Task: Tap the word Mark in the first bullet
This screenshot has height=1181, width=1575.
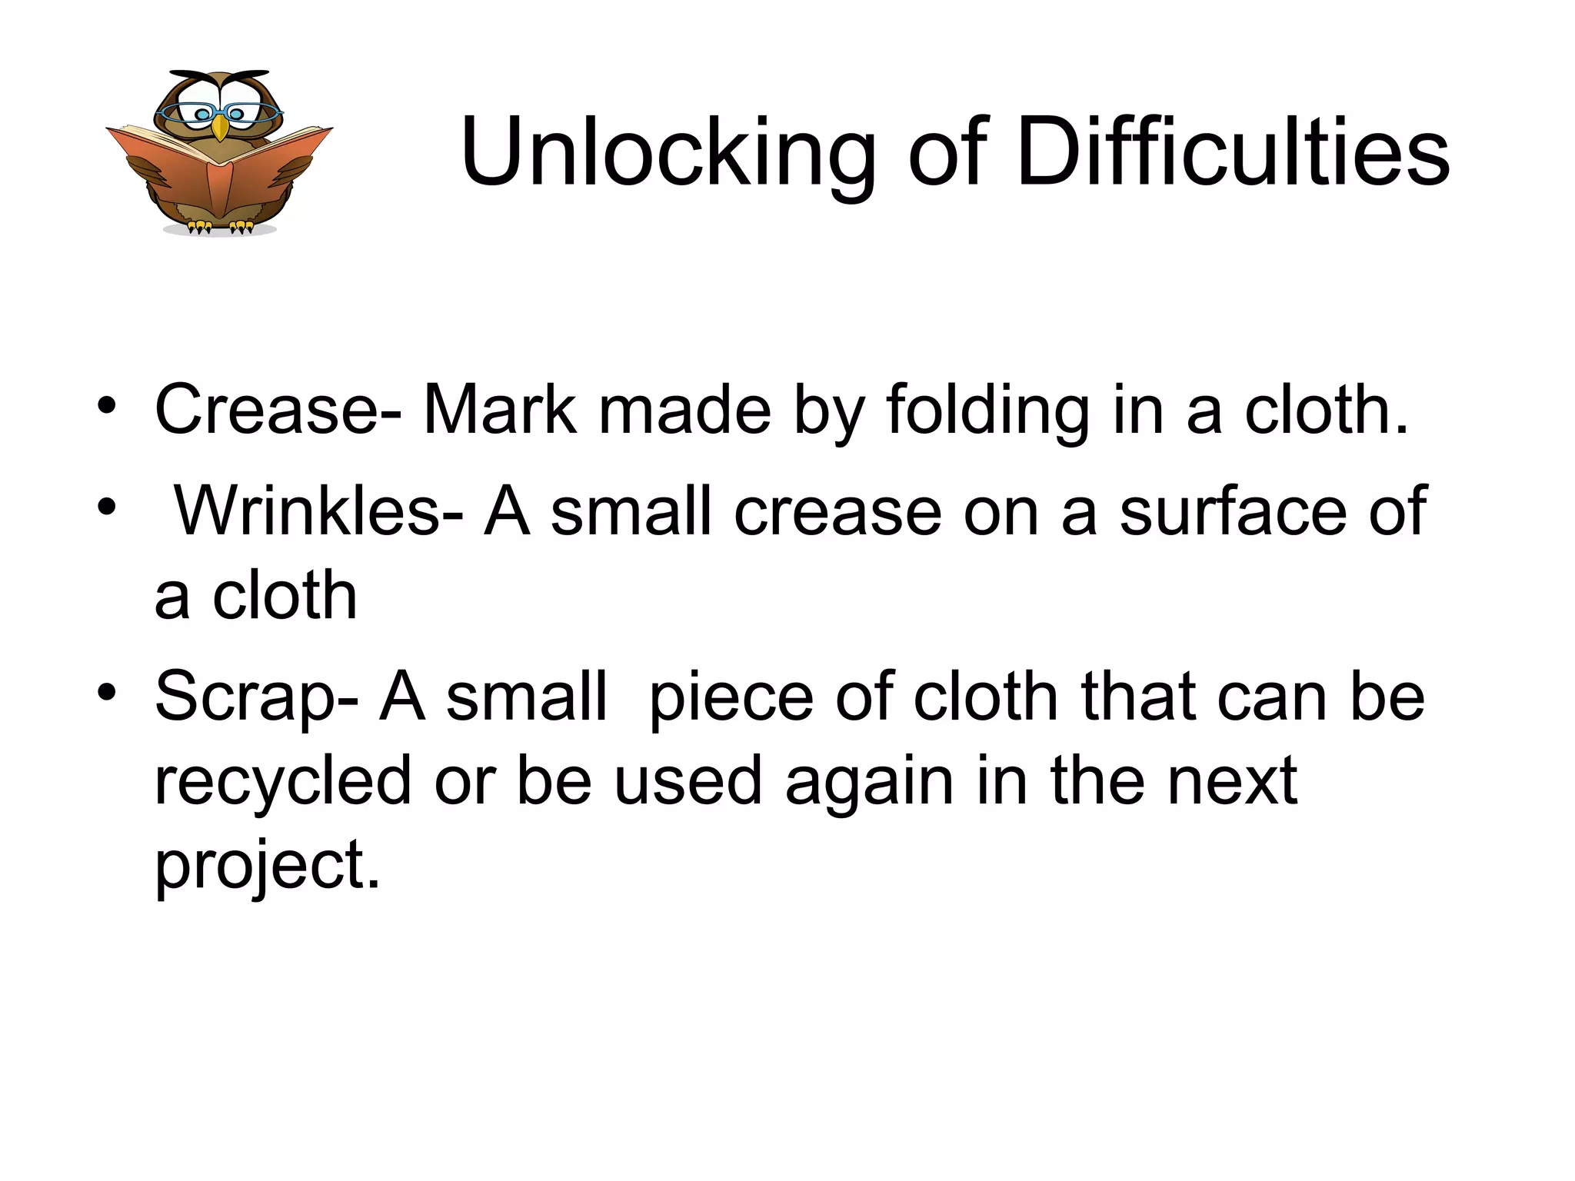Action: (499, 410)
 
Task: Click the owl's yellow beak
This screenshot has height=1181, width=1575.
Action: (221, 127)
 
